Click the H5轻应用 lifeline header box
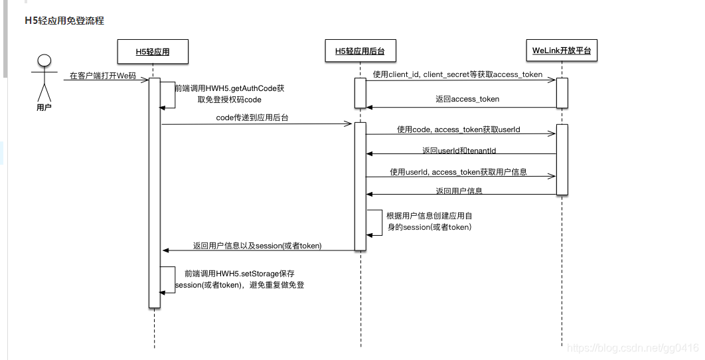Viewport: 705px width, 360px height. point(152,50)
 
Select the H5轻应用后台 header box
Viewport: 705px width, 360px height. point(360,50)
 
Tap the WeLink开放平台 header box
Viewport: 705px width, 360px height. point(561,50)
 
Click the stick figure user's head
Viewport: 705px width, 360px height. point(44,62)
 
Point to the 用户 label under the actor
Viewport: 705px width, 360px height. point(44,107)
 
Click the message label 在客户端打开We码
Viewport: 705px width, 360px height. point(103,76)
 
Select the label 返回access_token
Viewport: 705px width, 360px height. point(467,99)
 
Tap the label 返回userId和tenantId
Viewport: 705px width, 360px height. point(459,151)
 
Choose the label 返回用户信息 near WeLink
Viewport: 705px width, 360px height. point(459,191)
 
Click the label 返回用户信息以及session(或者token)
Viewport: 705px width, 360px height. point(257,246)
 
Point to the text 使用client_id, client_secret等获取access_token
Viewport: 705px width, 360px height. point(457,74)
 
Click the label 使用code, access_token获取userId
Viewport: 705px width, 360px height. point(457,130)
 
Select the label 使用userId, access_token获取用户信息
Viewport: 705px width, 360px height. point(458,172)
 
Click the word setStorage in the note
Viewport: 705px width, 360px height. point(260,273)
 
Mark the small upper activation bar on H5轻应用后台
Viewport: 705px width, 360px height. point(360,92)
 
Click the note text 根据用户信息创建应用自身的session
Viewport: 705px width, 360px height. point(429,221)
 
